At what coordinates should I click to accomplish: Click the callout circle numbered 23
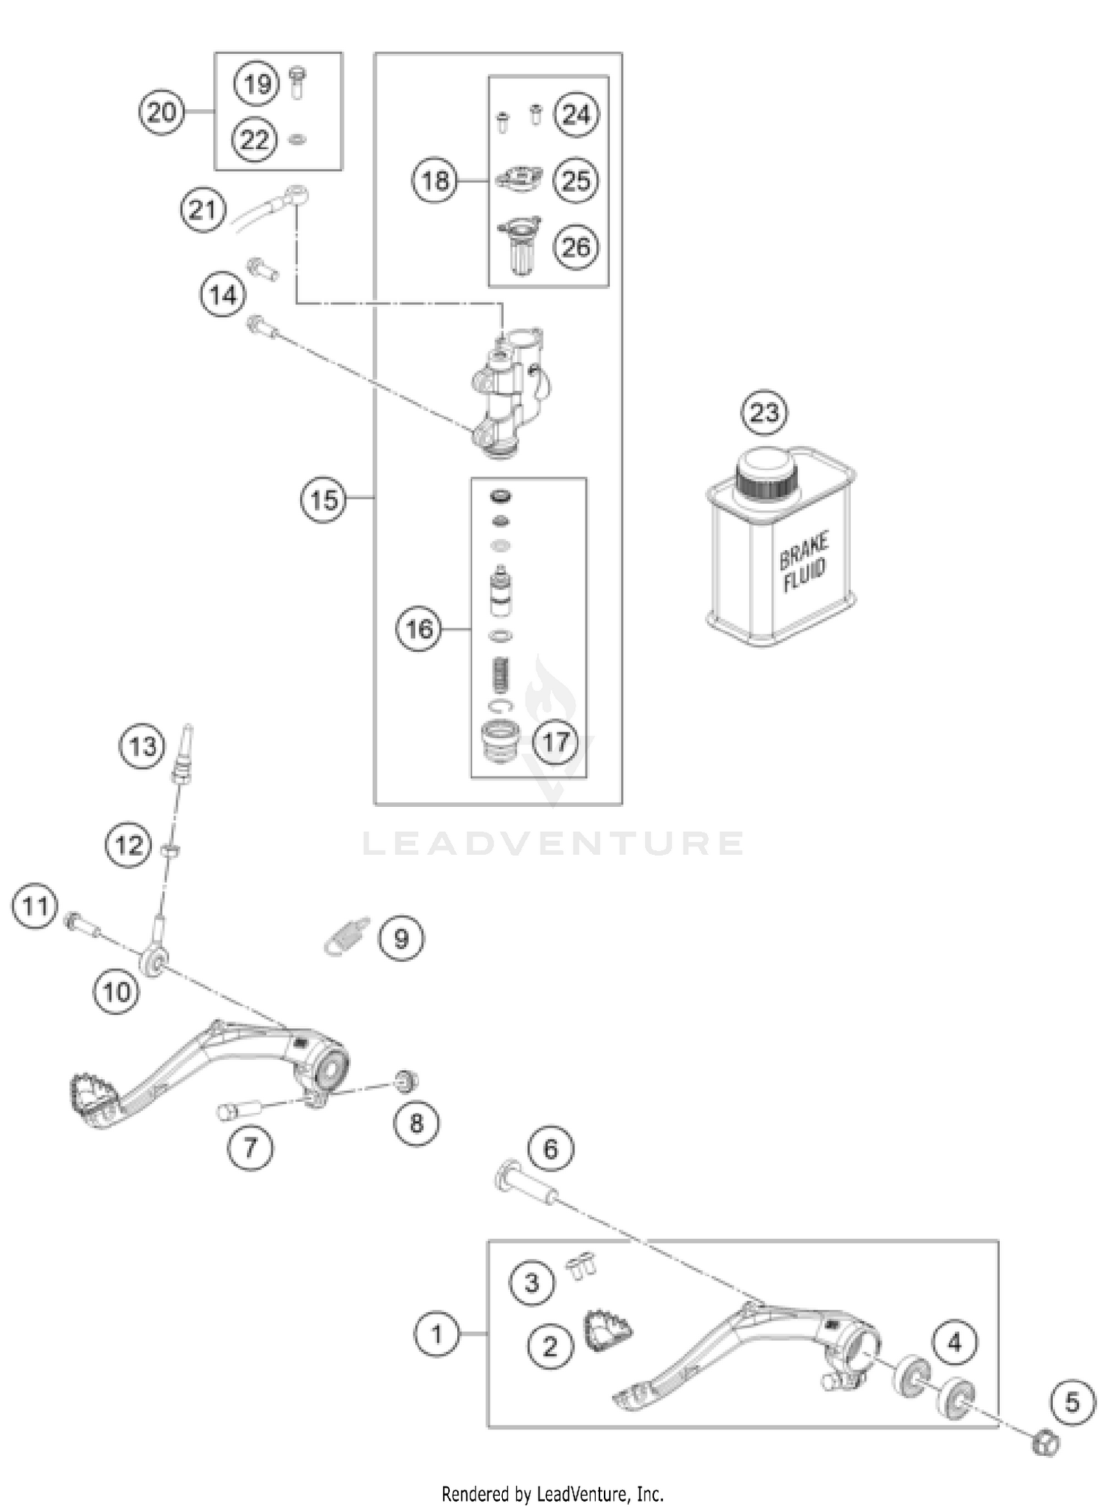tap(765, 412)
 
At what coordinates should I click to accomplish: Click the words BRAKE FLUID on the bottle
tap(804, 562)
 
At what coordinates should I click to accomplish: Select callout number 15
tap(323, 500)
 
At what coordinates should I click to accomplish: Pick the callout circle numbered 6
tap(551, 1148)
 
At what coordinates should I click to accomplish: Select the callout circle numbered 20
tap(161, 112)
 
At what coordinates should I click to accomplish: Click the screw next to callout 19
tap(298, 83)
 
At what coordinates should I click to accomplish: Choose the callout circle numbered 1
tap(437, 1333)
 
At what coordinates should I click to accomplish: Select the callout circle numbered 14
tap(223, 295)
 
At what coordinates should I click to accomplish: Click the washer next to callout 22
tap(298, 139)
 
